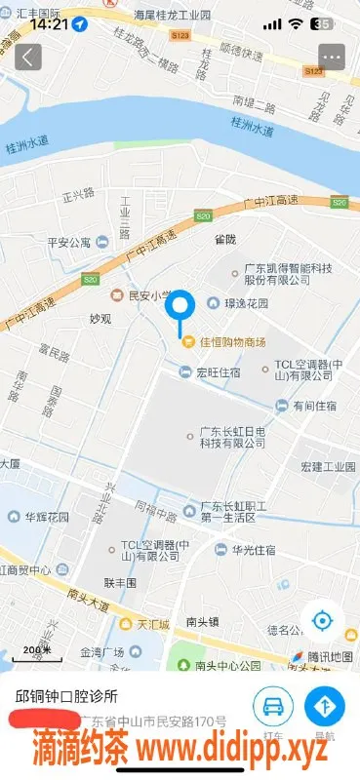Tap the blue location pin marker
click(x=180, y=310)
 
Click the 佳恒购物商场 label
click(x=226, y=342)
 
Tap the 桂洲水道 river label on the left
click(x=27, y=143)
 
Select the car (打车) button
click(x=274, y=705)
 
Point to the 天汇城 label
click(x=152, y=623)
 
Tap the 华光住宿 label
click(x=253, y=550)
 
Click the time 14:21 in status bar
click(x=49, y=23)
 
